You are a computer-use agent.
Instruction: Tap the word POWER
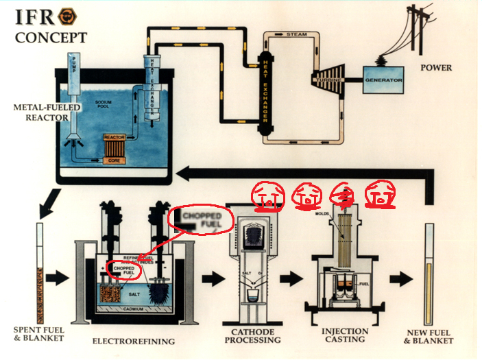pyautogui.click(x=435, y=68)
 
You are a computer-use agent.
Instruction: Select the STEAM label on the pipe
pyautogui.click(x=296, y=34)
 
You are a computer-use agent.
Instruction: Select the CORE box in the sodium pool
pyautogui.click(x=113, y=159)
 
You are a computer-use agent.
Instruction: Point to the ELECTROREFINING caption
pyautogui.click(x=134, y=341)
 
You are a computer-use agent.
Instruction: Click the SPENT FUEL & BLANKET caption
pyautogui.click(x=39, y=334)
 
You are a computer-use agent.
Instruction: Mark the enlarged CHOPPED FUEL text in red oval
pyautogui.click(x=200, y=221)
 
